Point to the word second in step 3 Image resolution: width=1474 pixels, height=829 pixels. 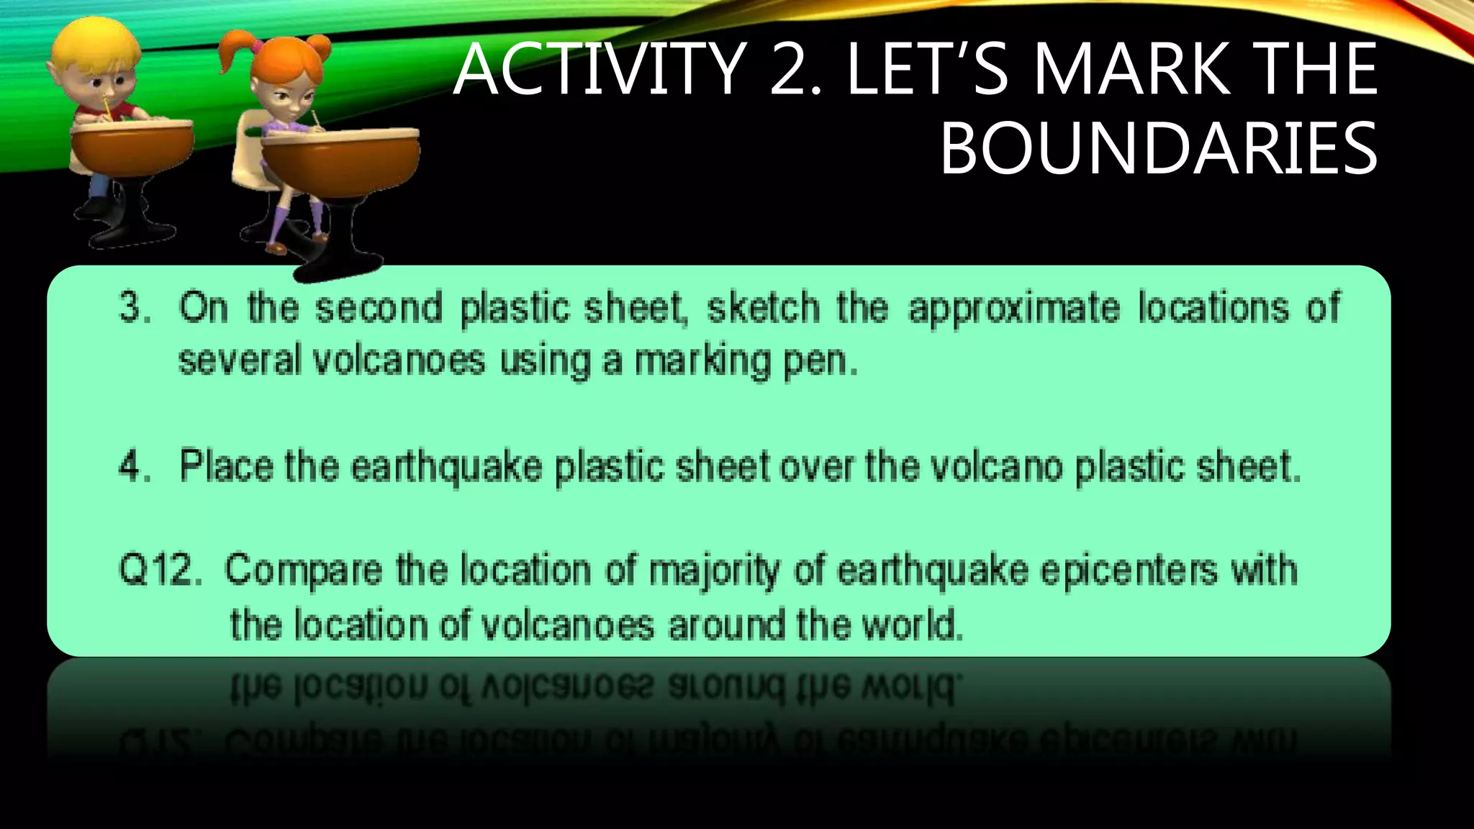pyautogui.click(x=379, y=308)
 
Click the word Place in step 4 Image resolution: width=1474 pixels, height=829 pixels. pyautogui.click(x=226, y=466)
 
